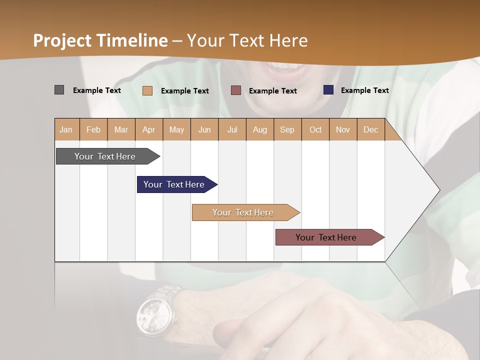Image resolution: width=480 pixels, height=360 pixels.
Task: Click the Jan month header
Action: [x=66, y=129]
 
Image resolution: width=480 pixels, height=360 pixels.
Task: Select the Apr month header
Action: [x=149, y=129]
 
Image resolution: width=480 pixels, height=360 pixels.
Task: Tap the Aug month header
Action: [x=260, y=129]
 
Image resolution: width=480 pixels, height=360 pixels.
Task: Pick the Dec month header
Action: [x=370, y=129]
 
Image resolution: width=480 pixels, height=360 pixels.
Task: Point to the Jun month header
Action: [x=204, y=129]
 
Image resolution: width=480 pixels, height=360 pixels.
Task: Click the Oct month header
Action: [x=315, y=129]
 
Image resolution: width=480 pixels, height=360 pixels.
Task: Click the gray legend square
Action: [x=59, y=90]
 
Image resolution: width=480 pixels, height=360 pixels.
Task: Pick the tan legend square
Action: [x=147, y=90]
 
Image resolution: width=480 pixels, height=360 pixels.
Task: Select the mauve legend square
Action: [x=236, y=90]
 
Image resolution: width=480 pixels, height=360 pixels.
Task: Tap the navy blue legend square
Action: [x=328, y=90]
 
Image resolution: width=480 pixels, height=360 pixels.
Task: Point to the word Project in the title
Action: [x=62, y=40]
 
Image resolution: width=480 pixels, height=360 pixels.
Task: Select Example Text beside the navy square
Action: [x=364, y=90]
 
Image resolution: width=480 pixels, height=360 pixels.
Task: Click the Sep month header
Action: [x=287, y=129]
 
